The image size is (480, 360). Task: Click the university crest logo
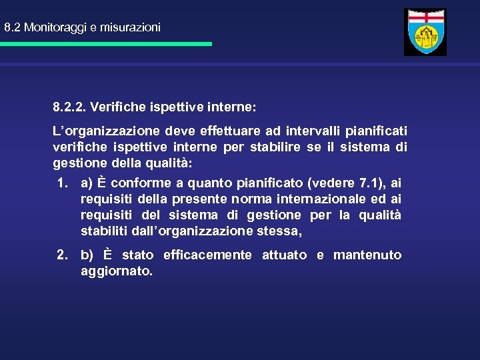click(425, 32)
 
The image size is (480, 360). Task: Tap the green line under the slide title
click(105, 44)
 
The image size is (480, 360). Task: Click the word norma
click(254, 199)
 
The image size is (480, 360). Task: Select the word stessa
click(284, 231)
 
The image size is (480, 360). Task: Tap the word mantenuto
click(367, 255)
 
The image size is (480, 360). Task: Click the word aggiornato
click(116, 271)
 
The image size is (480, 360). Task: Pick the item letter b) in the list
click(87, 255)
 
